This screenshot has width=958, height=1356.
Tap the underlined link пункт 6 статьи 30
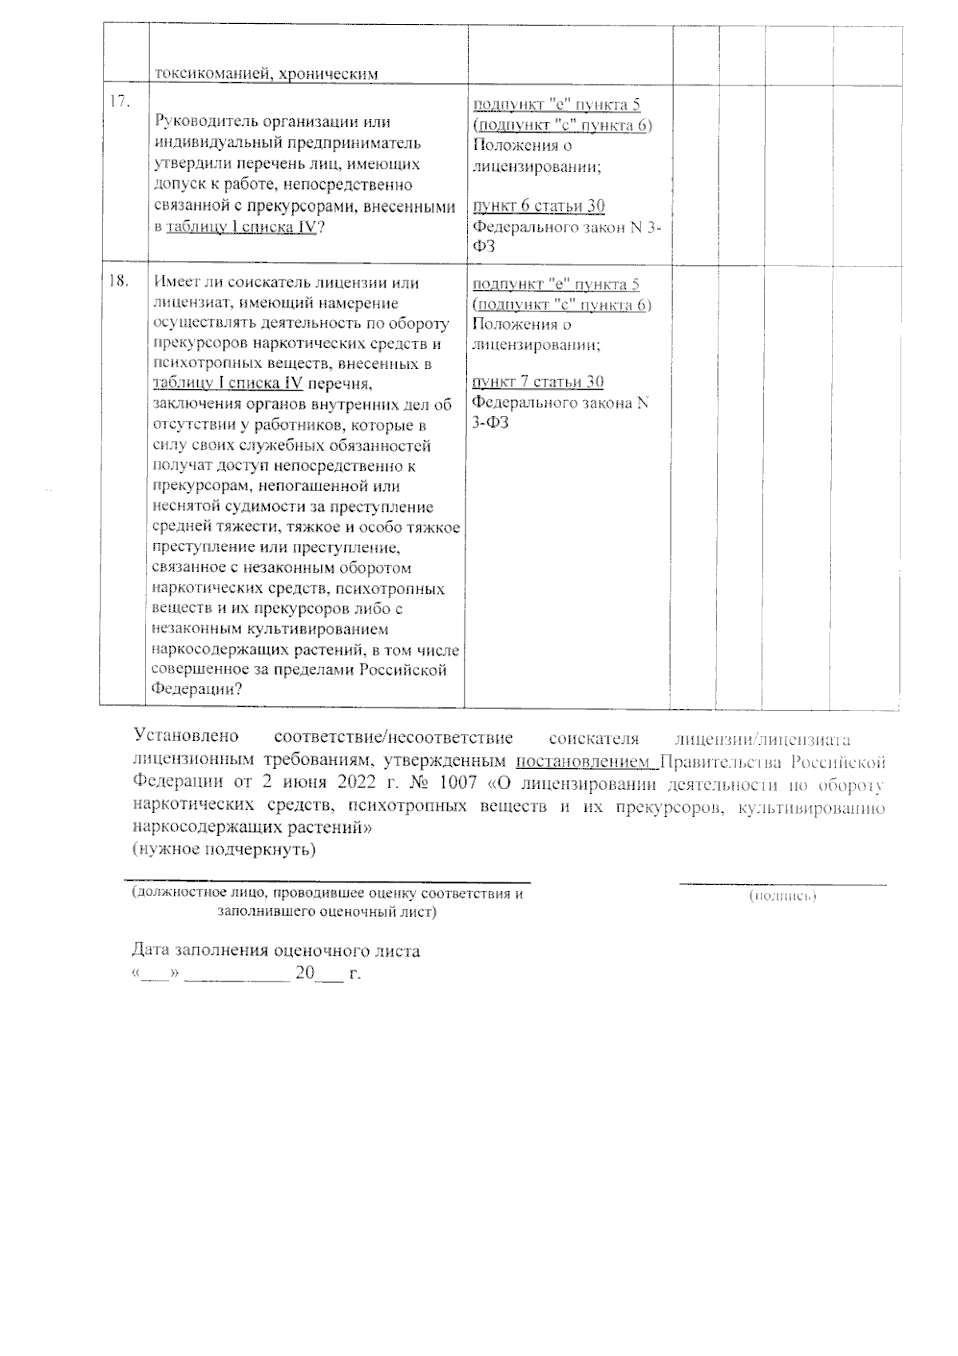(x=539, y=206)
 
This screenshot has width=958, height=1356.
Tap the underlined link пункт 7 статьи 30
(x=538, y=382)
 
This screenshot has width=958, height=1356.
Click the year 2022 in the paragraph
(x=346, y=782)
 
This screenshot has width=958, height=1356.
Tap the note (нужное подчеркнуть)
(x=224, y=848)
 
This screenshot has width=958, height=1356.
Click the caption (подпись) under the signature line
(x=782, y=897)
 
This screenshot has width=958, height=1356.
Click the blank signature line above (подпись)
(x=782, y=883)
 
